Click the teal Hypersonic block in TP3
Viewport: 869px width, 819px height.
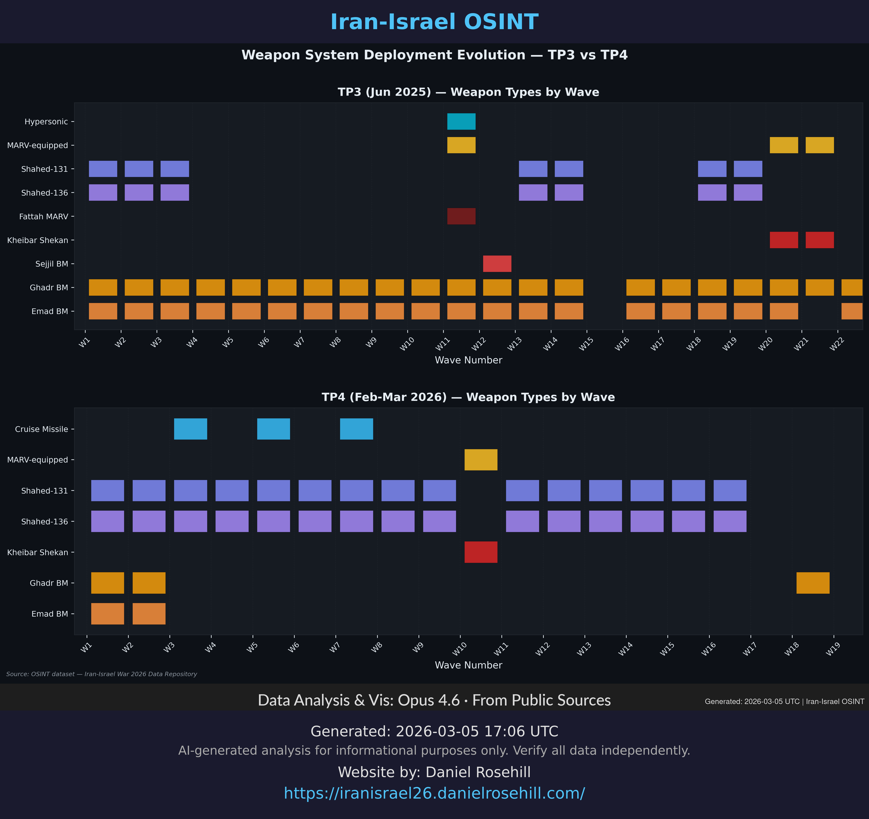[461, 121]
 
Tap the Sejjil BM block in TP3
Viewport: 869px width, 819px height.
[497, 264]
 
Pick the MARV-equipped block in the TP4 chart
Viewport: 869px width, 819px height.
[481, 460]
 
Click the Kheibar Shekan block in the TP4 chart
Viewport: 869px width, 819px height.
[481, 552]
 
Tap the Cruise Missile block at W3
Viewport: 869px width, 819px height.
[191, 429]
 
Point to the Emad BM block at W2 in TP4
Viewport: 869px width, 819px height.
[149, 614]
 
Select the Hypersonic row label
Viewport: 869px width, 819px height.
[46, 121]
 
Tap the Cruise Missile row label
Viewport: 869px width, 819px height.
[41, 429]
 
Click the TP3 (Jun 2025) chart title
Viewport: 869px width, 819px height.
[468, 92]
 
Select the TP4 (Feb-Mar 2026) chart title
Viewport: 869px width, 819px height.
[468, 397]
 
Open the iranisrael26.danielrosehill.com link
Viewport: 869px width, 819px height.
[434, 793]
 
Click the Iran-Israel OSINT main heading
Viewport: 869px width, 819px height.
[434, 22]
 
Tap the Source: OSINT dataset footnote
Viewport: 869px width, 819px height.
[101, 674]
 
